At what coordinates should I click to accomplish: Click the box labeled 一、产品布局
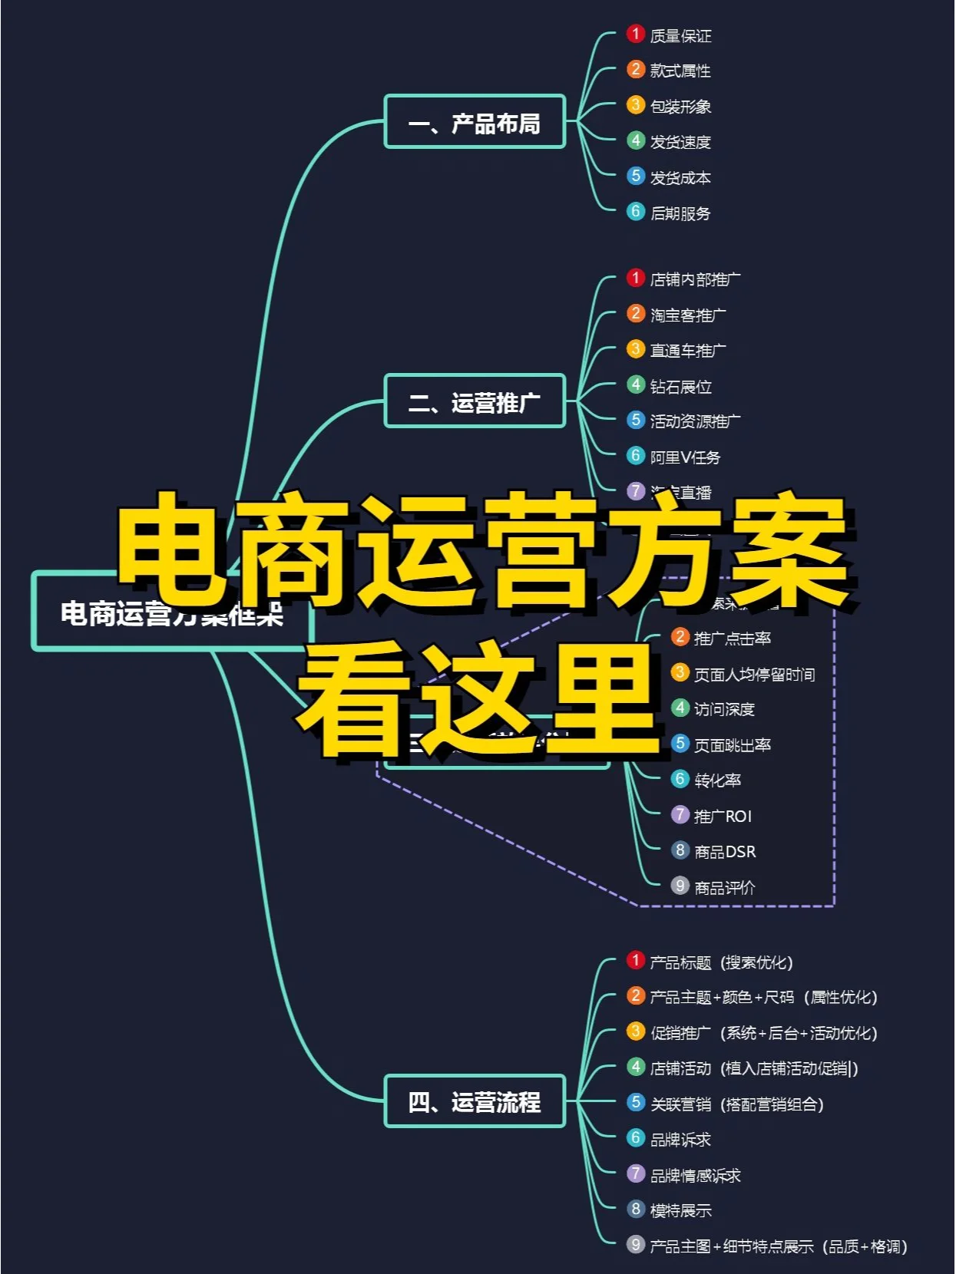click(475, 121)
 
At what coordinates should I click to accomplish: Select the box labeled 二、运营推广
click(475, 401)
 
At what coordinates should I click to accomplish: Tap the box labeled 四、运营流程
click(475, 1101)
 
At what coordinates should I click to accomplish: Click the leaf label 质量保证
click(680, 36)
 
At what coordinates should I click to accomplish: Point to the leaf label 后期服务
click(680, 213)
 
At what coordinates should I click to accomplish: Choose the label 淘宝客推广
click(688, 315)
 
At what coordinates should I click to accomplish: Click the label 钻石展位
click(680, 386)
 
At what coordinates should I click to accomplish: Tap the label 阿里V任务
click(685, 457)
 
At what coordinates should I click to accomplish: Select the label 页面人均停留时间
click(754, 675)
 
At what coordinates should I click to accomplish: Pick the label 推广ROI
click(723, 816)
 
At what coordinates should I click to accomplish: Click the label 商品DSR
click(725, 852)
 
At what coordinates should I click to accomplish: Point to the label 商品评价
click(725, 888)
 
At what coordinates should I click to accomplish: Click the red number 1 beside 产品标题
click(635, 960)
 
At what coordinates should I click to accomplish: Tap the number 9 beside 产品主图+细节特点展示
click(635, 1244)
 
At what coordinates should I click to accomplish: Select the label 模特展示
click(680, 1210)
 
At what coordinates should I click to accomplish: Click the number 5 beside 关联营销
click(635, 1102)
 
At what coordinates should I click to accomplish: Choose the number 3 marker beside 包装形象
click(635, 104)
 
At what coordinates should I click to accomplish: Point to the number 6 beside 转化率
click(680, 779)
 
